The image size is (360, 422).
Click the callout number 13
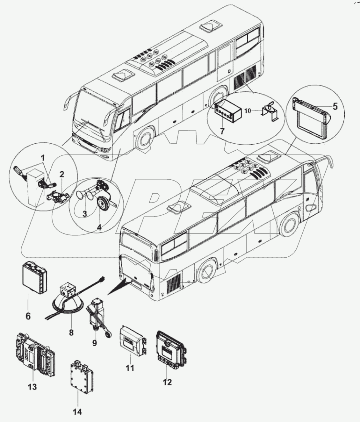[32, 387]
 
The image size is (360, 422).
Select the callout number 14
[77, 411]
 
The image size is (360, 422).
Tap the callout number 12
[167, 382]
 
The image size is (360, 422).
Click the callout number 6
[28, 307]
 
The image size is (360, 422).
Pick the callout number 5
[335, 106]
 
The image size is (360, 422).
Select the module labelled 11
[132, 340]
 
